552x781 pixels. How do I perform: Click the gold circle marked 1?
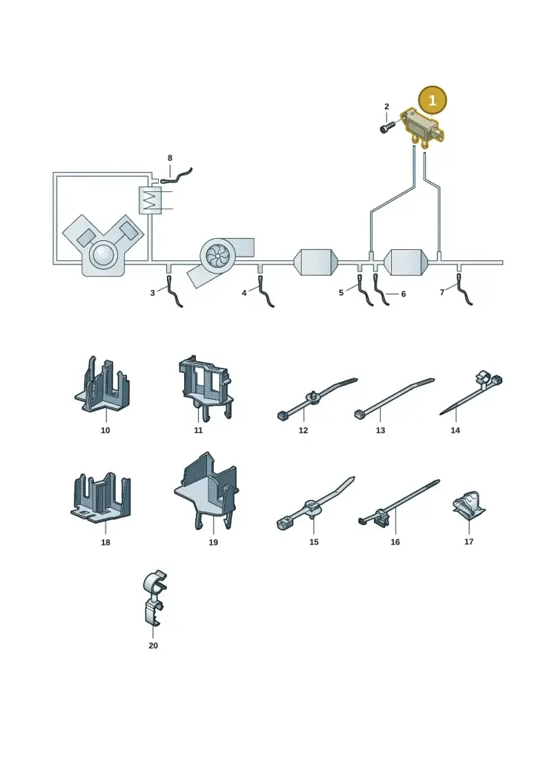coord(432,101)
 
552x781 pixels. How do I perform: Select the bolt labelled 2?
coord(387,127)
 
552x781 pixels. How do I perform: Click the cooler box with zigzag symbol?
coord(150,201)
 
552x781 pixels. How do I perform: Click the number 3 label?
coord(152,293)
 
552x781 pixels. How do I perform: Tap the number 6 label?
coord(403,294)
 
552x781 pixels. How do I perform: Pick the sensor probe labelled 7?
coord(464,289)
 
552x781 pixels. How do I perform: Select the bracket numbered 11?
coord(205,388)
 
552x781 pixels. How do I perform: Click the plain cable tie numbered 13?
coord(393,398)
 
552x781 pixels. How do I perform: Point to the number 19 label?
coord(213,542)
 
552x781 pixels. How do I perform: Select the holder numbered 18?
coord(101,498)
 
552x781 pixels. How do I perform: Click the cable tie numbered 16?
coord(398,503)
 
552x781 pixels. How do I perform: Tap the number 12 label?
coord(303,430)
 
